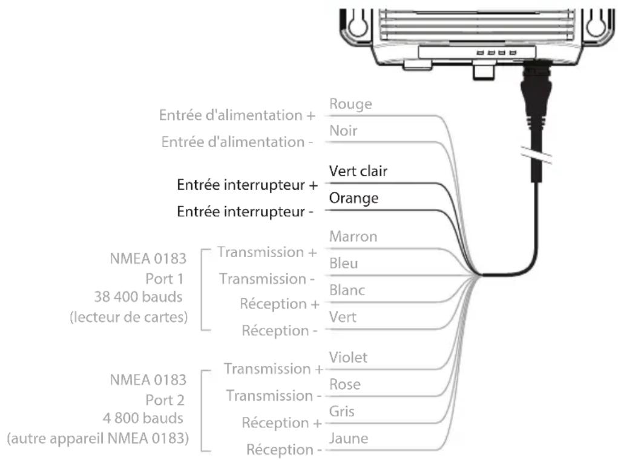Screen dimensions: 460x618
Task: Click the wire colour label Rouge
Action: pyautogui.click(x=350, y=104)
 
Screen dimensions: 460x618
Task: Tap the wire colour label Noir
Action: pyautogui.click(x=343, y=131)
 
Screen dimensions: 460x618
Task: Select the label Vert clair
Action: pyautogui.click(x=358, y=172)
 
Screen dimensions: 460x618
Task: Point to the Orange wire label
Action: pyautogui.click(x=353, y=198)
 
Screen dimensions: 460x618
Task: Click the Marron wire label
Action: pyautogui.click(x=353, y=236)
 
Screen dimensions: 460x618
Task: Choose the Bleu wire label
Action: pyautogui.click(x=343, y=264)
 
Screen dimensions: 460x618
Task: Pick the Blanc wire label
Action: pyautogui.click(x=347, y=290)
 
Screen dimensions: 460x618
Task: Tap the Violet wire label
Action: pyautogui.click(x=348, y=358)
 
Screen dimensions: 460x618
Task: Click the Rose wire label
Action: pyautogui.click(x=344, y=384)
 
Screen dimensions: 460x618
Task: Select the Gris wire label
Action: pyautogui.click(x=342, y=411)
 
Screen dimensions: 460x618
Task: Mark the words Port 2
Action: pyautogui.click(x=165, y=400)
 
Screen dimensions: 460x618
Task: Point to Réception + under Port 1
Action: pyautogui.click(x=280, y=304)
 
